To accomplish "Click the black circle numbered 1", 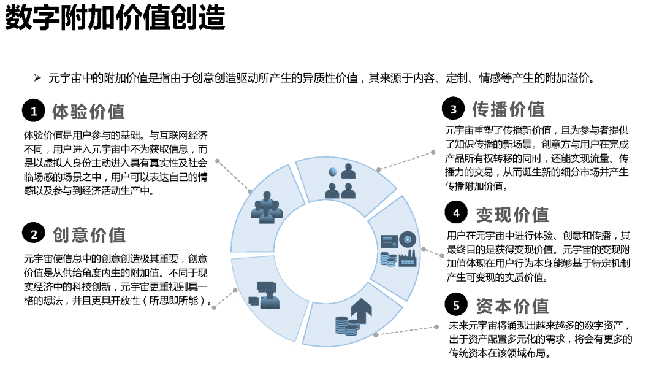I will (34, 111).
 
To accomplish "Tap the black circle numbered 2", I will (34, 234).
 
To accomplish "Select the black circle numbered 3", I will (454, 110).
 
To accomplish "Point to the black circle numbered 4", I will (457, 213).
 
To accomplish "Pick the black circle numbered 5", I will (457, 305).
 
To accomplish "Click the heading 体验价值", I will (88, 111).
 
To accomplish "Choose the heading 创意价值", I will (89, 234).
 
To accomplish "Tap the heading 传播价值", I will (508, 109).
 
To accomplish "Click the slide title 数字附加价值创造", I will (115, 18).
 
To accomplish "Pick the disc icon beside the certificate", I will (408, 238).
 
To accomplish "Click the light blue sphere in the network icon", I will (333, 171).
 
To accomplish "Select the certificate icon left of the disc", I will (389, 241).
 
